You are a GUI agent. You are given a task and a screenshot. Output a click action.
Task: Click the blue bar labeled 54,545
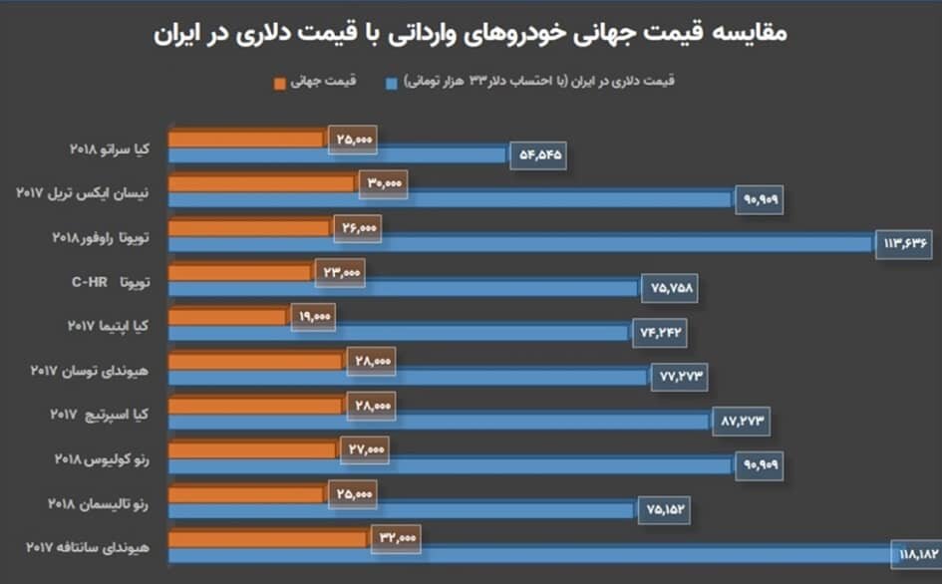click(x=339, y=154)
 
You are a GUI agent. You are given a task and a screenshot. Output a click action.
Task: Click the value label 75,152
click(x=662, y=509)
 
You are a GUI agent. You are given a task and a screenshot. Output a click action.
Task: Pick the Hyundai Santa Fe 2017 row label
click(x=86, y=547)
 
